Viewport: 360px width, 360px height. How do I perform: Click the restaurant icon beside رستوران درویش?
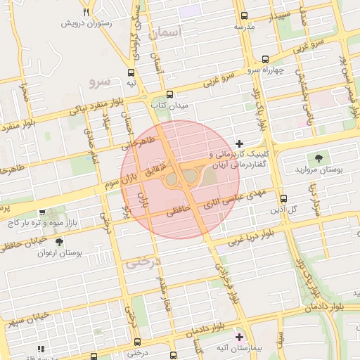click(86, 12)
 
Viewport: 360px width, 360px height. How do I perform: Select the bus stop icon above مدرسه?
click(244, 15)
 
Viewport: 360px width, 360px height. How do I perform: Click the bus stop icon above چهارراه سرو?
click(265, 59)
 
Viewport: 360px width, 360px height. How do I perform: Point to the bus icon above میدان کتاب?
click(169, 94)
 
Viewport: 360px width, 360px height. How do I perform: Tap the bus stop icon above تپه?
click(131, 72)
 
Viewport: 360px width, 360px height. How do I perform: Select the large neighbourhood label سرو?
click(101, 82)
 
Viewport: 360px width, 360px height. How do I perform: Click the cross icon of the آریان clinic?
click(239, 143)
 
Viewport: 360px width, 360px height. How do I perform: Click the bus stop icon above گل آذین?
click(283, 198)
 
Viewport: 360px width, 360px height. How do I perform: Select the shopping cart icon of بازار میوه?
click(44, 212)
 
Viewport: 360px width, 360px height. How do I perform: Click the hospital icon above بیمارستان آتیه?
click(239, 337)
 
